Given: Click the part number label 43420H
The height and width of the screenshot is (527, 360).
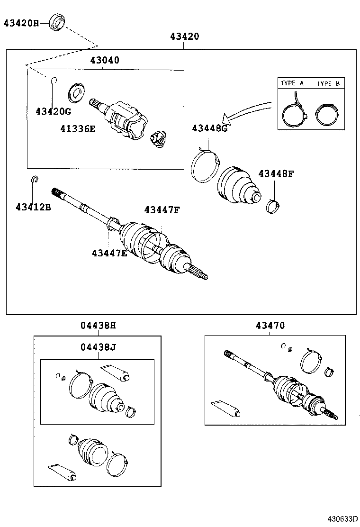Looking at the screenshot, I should (x=22, y=22).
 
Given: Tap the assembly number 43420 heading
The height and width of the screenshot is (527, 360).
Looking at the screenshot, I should (x=184, y=36).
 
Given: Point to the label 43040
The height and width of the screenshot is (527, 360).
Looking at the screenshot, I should (x=105, y=60).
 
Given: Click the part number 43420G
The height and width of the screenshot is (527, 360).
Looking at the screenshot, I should (x=53, y=111).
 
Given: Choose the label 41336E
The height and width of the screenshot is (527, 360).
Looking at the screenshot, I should (x=78, y=128).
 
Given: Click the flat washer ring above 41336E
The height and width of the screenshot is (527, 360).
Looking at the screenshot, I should (x=76, y=93).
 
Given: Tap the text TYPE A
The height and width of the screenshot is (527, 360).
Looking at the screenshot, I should (x=292, y=83).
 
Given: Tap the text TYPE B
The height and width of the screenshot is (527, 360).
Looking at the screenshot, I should (x=328, y=83).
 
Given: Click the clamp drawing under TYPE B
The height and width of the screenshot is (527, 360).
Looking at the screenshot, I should (x=327, y=115).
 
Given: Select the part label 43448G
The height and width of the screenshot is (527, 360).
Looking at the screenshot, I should (x=209, y=128).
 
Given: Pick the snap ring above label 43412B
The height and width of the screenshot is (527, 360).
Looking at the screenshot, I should (x=35, y=179).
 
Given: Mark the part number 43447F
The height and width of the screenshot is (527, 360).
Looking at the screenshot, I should (x=162, y=209).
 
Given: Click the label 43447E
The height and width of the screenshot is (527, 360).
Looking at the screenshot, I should (x=109, y=253).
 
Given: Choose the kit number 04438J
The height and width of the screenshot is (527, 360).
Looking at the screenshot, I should (x=98, y=347).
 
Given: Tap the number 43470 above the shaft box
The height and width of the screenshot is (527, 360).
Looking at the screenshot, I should (x=270, y=326).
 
